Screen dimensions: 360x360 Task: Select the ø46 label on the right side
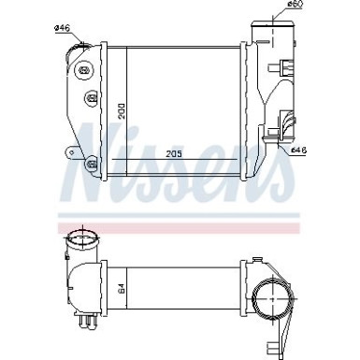300,150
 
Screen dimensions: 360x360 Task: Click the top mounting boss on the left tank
89,70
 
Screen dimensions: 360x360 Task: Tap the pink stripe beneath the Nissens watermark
178,227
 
